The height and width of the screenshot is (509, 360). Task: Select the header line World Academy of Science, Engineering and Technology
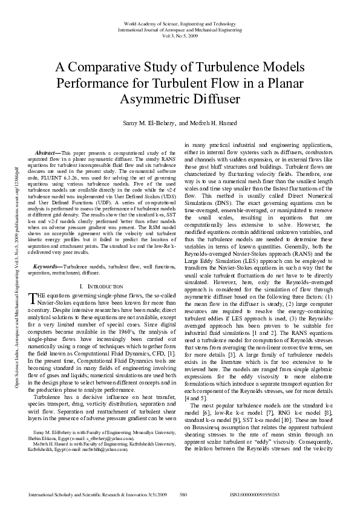pyautogui.click(x=180, y=22)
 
